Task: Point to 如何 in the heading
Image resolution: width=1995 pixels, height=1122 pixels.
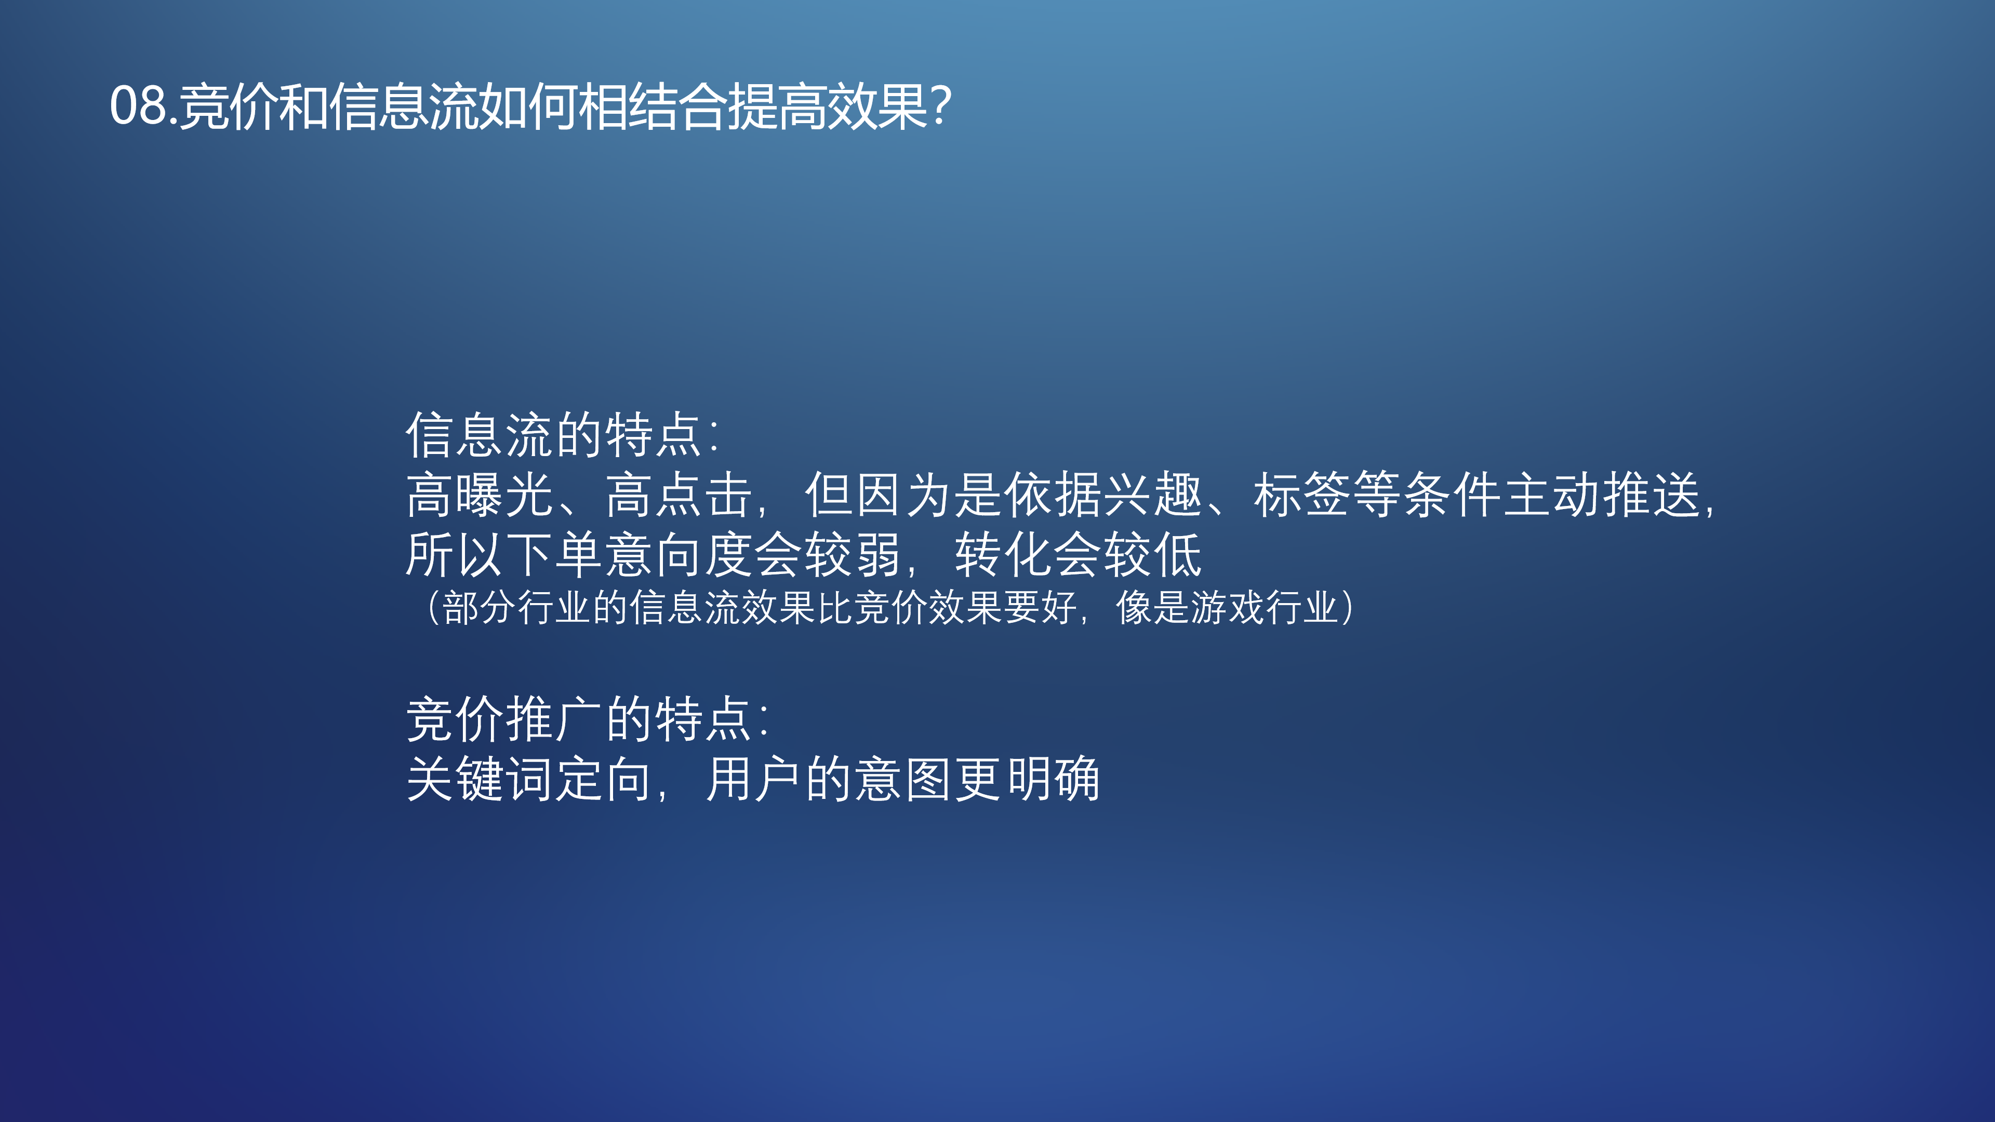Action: click(x=528, y=106)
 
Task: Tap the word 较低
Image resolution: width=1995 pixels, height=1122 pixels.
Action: click(x=1152, y=554)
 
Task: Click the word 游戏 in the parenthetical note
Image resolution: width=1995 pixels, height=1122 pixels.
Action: click(x=1228, y=607)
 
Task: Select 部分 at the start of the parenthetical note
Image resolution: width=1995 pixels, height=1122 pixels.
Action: click(x=480, y=607)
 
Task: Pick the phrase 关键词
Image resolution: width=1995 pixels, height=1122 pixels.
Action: click(x=480, y=779)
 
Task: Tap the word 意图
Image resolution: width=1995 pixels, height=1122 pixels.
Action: click(x=903, y=779)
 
